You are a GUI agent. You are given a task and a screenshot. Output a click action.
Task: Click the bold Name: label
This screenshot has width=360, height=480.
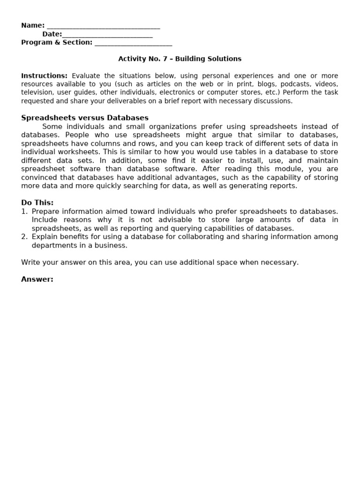pos(33,25)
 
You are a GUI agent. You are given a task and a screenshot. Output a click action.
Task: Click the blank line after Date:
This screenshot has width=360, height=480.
pos(107,34)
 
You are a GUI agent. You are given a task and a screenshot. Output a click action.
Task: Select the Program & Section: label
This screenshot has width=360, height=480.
pos(57,42)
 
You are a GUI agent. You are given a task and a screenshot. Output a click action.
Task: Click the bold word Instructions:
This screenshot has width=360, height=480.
pos(45,75)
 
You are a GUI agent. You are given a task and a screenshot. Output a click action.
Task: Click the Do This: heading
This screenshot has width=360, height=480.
pos(37,202)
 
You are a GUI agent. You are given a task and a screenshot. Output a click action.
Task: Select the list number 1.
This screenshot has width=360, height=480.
pos(24,211)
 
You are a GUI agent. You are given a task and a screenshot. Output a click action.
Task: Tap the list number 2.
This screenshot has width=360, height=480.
pos(24,237)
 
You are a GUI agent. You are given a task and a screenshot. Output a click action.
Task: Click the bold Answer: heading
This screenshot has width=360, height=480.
pos(37,279)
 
